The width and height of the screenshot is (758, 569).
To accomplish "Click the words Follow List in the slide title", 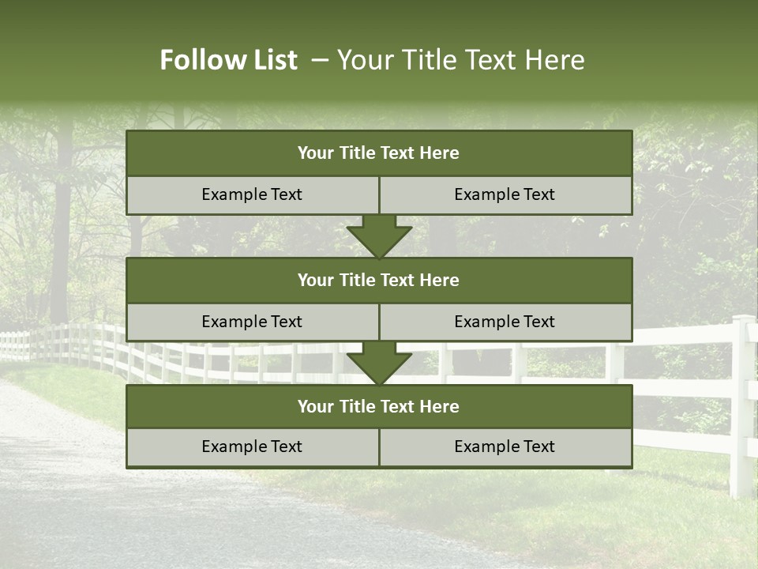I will tap(228, 60).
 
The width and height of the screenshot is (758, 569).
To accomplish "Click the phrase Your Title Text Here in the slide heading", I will tap(460, 60).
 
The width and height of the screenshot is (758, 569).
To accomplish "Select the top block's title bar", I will tap(379, 153).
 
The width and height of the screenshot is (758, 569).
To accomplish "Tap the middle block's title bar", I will tap(379, 280).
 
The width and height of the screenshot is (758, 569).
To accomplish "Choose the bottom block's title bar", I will tap(379, 406).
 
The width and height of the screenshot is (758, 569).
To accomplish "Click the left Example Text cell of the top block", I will tap(252, 194).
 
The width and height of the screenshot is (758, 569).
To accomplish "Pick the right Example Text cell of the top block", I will tap(505, 194).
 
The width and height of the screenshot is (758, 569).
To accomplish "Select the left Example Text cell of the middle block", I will tap(252, 322).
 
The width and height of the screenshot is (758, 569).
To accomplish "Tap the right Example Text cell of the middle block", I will tap(505, 322).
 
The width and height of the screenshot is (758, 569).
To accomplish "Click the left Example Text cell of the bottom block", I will tap(252, 447).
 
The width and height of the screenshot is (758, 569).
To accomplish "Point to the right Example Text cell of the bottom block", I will tap(505, 447).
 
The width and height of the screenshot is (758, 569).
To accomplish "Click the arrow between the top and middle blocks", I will tap(379, 236).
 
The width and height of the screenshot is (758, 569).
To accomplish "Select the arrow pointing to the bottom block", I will tap(379, 364).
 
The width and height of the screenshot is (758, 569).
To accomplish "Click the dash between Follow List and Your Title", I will tap(320, 60).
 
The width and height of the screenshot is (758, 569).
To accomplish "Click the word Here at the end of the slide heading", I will tap(557, 60).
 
